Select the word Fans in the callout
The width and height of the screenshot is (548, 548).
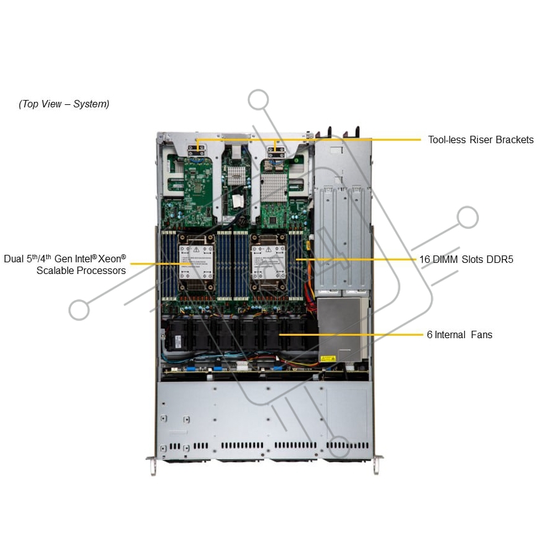click(x=481, y=335)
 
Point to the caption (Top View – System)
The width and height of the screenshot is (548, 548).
click(x=64, y=104)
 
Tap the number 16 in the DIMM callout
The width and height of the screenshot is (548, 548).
click(x=425, y=259)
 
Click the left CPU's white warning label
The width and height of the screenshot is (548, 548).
click(x=196, y=262)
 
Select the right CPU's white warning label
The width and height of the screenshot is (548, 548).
click(x=268, y=262)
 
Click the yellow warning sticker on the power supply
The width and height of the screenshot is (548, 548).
click(x=328, y=359)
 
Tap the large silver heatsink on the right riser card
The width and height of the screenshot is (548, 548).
click(x=274, y=188)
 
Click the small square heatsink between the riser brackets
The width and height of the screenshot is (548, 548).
click(x=236, y=175)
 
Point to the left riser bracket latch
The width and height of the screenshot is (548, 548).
click(x=196, y=151)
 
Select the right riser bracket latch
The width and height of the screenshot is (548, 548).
click(x=276, y=152)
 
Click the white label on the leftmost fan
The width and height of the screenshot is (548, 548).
click(x=178, y=341)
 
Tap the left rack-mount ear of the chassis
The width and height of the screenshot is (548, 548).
click(x=152, y=464)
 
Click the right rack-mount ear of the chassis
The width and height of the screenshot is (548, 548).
click(x=376, y=464)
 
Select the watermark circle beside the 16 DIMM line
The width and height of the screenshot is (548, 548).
click(x=468, y=217)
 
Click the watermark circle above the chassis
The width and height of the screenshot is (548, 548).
click(x=259, y=99)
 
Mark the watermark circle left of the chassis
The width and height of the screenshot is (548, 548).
click(x=80, y=310)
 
